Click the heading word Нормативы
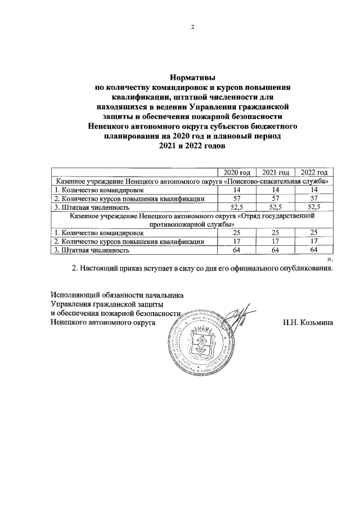(x=192, y=78)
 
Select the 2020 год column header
(x=237, y=172)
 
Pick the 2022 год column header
(x=314, y=172)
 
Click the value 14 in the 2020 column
(x=237, y=190)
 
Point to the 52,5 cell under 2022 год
(x=314, y=207)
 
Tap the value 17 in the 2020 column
(x=237, y=241)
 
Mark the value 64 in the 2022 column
(x=314, y=250)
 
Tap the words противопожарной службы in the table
(x=192, y=224)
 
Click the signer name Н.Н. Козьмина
(x=309, y=323)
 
